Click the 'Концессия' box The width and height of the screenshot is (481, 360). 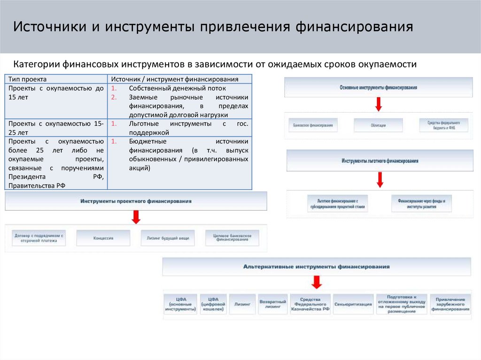103,238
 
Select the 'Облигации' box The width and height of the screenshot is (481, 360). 378,125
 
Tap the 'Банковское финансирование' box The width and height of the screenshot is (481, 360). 312,125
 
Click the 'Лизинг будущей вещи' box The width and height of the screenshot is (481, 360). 168,238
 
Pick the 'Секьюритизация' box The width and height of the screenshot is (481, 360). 353,304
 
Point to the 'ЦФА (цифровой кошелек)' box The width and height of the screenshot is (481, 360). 213,304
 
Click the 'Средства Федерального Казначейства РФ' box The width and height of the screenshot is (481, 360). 310,304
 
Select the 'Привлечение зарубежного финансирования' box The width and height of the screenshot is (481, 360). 450,304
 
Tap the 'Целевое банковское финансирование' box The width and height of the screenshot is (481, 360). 232,238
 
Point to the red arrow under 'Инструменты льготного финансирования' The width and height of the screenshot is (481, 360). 380,179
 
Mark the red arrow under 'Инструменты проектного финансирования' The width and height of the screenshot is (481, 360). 136,216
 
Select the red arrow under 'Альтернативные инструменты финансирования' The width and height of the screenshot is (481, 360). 317,282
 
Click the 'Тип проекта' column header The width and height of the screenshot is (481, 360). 27,79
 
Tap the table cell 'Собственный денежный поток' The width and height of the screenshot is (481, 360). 177,88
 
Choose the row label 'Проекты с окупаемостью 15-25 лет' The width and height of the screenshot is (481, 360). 55,128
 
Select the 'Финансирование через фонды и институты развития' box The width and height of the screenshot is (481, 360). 421,204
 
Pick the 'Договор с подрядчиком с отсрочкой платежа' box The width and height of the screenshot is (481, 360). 39,238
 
